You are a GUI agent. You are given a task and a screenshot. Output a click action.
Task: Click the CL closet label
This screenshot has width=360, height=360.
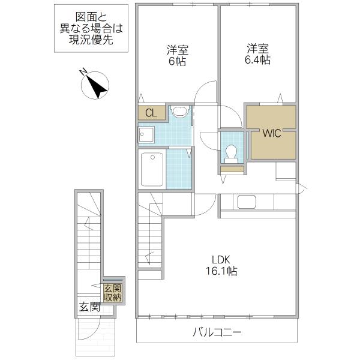tap(151, 113)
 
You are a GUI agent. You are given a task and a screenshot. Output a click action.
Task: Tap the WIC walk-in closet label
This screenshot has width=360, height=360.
tap(272, 133)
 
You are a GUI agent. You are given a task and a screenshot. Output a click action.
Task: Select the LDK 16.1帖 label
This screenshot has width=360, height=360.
tap(221, 265)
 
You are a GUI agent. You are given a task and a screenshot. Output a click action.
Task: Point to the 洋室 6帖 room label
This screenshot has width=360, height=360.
tap(178, 55)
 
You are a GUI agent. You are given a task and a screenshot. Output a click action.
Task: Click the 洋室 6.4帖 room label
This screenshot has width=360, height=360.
tap(257, 54)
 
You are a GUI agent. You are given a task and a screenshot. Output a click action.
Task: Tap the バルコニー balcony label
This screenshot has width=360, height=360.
tap(217, 332)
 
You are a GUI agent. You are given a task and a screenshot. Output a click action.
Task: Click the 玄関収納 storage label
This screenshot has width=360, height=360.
tap(113, 293)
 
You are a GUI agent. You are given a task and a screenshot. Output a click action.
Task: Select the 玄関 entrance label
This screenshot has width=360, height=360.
tap(89, 307)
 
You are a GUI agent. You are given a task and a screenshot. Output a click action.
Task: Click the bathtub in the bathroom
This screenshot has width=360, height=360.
tap(152, 169)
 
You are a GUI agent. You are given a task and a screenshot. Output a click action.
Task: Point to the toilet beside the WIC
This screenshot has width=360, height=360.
tap(231, 154)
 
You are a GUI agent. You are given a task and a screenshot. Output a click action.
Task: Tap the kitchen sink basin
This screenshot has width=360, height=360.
tap(247, 202)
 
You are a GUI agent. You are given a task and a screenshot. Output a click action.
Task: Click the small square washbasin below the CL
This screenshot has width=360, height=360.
tap(146, 135)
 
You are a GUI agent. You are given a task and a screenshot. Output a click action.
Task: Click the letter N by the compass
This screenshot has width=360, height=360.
tap(83, 71)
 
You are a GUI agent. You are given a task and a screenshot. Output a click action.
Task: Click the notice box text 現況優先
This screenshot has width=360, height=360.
tap(91, 40)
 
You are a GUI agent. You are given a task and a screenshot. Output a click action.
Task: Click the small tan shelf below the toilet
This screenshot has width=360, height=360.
tap(232, 169)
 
